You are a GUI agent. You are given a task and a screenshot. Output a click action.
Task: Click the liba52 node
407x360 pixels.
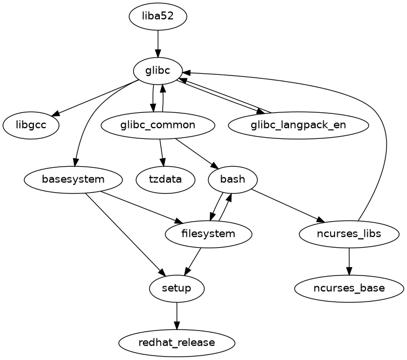158,17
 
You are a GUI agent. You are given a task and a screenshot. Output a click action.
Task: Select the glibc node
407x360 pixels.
158,71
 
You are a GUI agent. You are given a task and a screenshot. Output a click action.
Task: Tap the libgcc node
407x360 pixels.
31,125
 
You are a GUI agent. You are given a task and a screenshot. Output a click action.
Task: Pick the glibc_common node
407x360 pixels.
158,125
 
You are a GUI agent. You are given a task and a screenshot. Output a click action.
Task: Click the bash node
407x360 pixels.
232,180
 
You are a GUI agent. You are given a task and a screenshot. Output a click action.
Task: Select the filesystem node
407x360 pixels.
209,234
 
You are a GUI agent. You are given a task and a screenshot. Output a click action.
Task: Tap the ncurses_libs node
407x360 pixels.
349,234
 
